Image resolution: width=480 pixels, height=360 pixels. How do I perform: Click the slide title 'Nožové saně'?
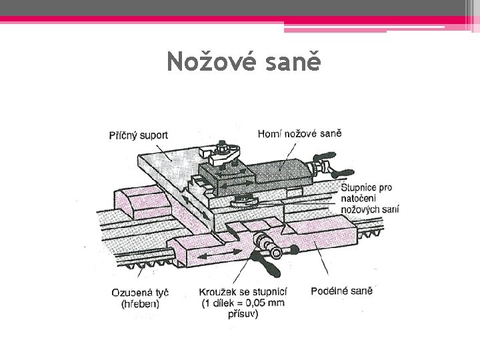pyautogui.click(x=244, y=62)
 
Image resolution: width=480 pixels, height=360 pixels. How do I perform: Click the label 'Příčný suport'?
pyautogui.click(x=138, y=135)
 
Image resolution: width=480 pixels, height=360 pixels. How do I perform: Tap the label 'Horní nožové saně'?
pyautogui.click(x=299, y=134)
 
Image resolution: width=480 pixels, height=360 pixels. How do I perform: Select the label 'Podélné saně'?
pyautogui.click(x=341, y=291)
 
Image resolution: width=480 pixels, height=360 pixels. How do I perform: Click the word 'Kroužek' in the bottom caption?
pyautogui.click(x=217, y=291)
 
